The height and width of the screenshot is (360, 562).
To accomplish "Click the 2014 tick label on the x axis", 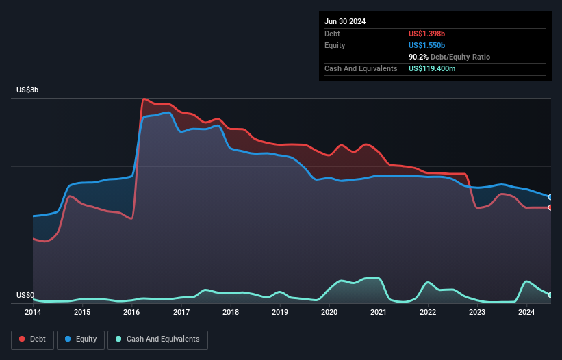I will (33, 313).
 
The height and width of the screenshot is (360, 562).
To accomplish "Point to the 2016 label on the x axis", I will (131, 313).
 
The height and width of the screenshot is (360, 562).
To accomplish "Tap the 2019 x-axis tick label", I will (280, 313).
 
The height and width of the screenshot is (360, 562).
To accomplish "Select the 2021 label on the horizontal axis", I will (379, 313).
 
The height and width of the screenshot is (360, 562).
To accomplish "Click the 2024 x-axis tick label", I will (526, 313).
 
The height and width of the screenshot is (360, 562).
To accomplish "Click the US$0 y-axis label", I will (25, 296).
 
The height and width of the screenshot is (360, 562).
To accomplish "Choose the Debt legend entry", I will (33, 339).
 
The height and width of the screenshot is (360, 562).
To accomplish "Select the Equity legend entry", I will (81, 339).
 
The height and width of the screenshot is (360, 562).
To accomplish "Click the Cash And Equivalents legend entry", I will (157, 339).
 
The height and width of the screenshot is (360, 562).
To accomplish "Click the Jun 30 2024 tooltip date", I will (345, 21).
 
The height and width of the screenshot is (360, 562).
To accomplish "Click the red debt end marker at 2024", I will (550, 207).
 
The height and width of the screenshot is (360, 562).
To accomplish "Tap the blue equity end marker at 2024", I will (550, 197).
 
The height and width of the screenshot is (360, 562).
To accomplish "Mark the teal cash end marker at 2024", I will (550, 295).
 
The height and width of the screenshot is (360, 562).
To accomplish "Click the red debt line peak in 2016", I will (144, 99).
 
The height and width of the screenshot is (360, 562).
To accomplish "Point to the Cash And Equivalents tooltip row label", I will (361, 68).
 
